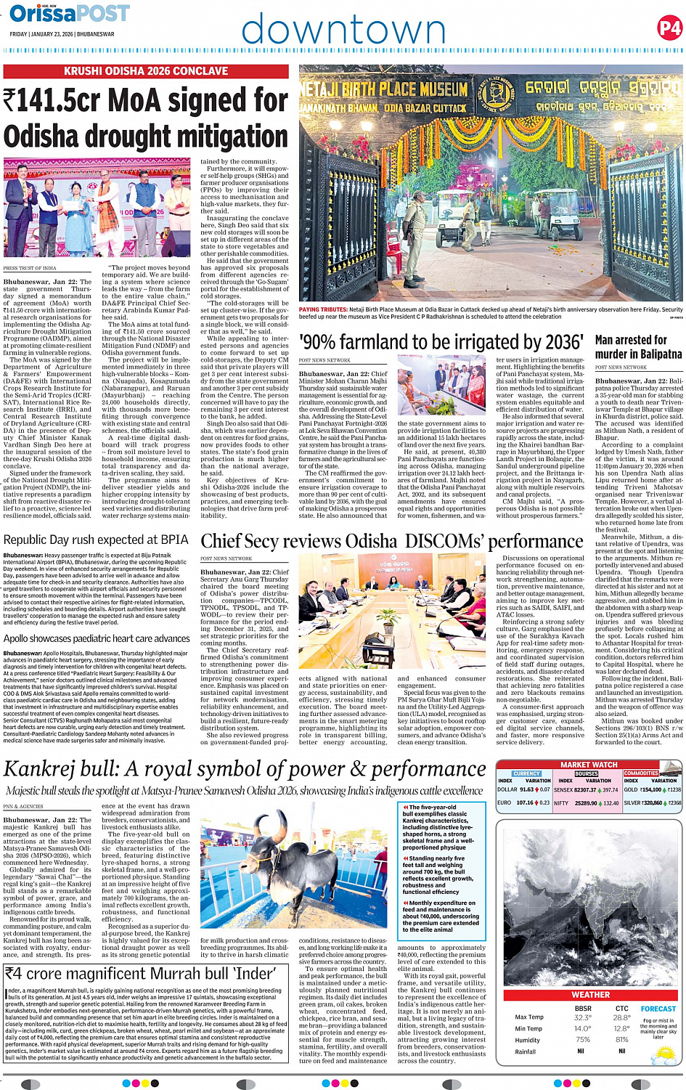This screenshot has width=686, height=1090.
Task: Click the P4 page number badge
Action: [669, 28]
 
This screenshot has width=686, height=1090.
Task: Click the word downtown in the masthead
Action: [343, 30]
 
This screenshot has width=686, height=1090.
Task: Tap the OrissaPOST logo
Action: [70, 14]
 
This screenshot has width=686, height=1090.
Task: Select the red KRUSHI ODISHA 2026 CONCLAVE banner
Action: [146, 71]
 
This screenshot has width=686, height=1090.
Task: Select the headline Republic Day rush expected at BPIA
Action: [96, 540]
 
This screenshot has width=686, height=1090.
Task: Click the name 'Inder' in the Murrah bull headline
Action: [235, 973]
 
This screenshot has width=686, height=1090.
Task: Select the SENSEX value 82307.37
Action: [585, 789]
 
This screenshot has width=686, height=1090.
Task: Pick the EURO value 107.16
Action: [524, 803]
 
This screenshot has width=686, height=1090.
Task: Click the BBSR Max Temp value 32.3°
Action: [582, 1017]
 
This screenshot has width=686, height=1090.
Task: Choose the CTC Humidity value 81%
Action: [621, 1040]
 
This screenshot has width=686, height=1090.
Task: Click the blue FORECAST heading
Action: [658, 1009]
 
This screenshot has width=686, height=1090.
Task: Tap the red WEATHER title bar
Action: [590, 995]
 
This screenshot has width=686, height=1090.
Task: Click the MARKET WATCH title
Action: [589, 765]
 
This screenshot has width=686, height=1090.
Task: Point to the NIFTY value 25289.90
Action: [585, 803]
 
